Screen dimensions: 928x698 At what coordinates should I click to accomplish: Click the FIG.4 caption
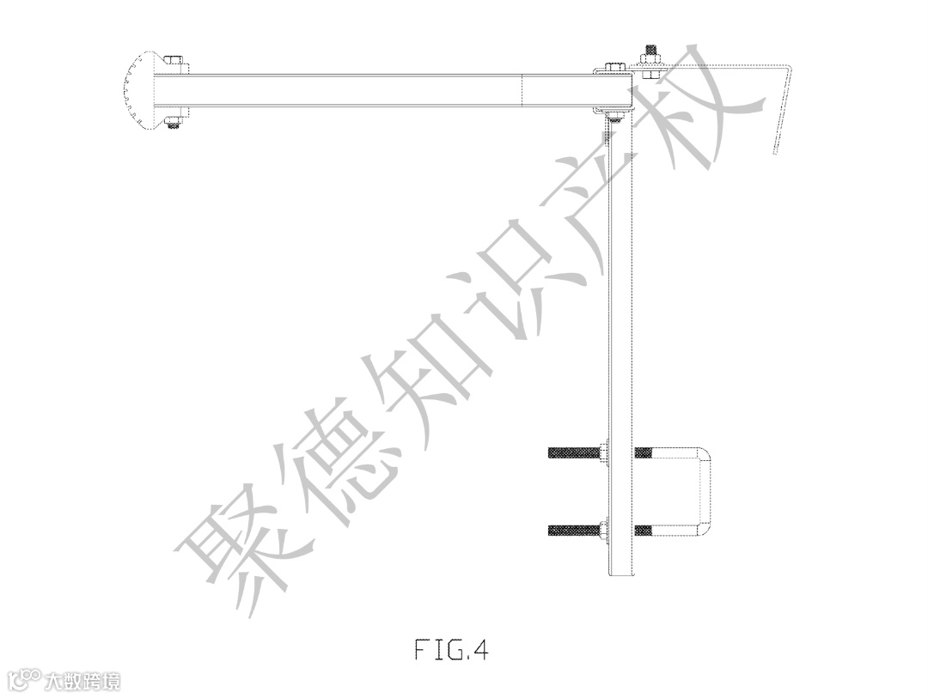(x=451, y=650)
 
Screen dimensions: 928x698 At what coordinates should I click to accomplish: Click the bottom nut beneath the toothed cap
(x=174, y=121)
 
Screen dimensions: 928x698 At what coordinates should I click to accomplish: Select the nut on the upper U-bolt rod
(x=605, y=452)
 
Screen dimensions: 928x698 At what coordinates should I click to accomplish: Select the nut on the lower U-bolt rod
(x=605, y=530)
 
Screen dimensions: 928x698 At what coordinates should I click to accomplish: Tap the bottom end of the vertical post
(x=621, y=571)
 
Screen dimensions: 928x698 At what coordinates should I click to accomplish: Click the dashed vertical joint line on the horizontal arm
(x=523, y=90)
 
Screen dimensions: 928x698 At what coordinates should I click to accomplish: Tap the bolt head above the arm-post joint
(x=614, y=66)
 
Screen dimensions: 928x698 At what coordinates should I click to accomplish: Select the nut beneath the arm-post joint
(x=614, y=113)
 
